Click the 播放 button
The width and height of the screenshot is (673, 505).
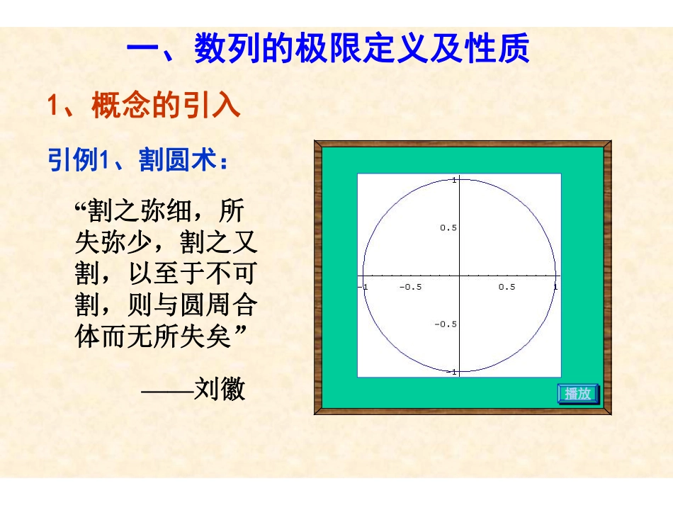[x=578, y=394]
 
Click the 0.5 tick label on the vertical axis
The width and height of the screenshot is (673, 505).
[x=448, y=228]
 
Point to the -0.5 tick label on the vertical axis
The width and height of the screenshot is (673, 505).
[x=446, y=324]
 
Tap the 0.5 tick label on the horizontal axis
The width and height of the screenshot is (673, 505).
[x=507, y=287]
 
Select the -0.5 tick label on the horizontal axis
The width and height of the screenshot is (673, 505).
[x=410, y=287]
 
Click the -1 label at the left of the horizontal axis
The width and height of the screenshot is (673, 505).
[x=363, y=287]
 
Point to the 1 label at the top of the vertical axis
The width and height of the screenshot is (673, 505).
[x=454, y=180]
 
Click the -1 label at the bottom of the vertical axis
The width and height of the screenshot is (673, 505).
[x=452, y=371]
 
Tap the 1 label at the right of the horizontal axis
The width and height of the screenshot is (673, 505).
[x=555, y=287]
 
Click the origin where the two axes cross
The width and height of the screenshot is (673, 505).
[x=459, y=276]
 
